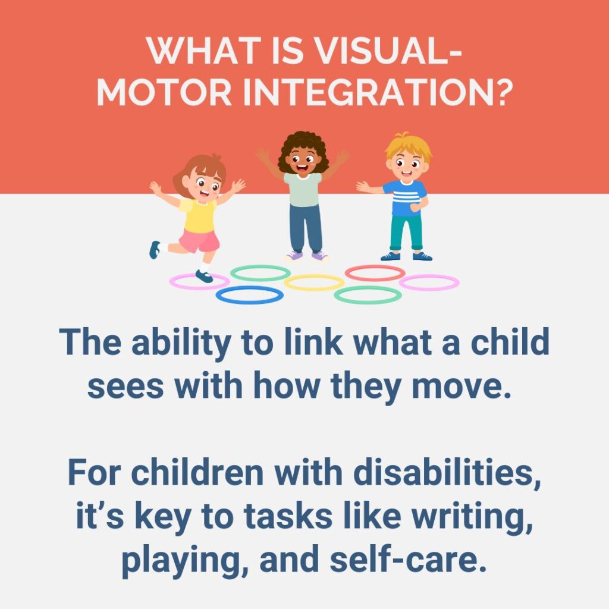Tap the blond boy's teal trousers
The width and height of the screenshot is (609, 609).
[406, 233]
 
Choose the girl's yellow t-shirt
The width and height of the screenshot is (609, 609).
[199, 215]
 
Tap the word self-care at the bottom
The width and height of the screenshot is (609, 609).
[408, 559]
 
